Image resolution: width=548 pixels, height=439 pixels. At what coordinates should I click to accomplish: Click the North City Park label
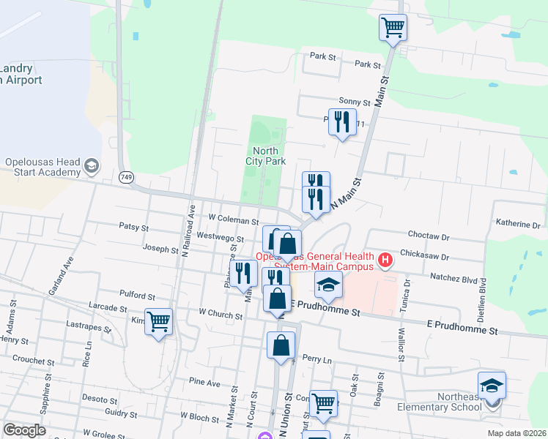(264, 156)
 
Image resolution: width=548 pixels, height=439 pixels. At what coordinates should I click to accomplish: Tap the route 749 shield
(127, 177)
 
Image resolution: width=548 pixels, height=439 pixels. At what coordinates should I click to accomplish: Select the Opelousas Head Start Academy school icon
(92, 166)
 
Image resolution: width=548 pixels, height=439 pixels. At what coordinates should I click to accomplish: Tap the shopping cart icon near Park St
(393, 28)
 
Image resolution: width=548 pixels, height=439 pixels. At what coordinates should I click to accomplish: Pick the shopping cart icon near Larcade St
(159, 320)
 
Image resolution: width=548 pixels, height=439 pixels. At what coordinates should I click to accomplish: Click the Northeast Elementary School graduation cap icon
(492, 385)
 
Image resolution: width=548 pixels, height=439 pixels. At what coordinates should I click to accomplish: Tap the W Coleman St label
(234, 219)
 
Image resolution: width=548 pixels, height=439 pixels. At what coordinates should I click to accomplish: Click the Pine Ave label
(204, 382)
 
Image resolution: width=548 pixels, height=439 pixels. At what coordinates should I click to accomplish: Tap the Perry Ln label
(316, 360)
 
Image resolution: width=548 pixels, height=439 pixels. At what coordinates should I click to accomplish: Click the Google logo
(24, 430)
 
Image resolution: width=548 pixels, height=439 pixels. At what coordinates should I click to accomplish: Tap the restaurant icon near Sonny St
(342, 121)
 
